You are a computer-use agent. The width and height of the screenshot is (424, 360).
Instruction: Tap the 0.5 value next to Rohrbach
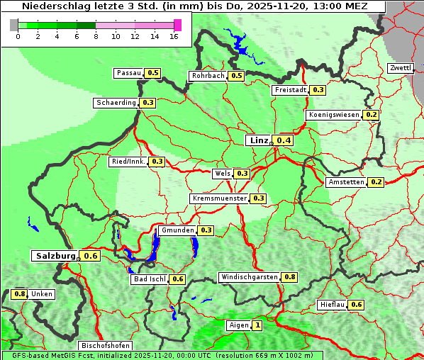(x=236, y=76)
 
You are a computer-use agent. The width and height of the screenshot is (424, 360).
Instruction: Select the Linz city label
(x=259, y=140)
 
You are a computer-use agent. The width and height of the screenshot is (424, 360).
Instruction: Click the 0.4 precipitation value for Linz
(x=284, y=140)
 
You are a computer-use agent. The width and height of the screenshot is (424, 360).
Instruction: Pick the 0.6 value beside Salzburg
(x=90, y=256)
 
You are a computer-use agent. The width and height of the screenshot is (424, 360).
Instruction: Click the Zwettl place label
(x=401, y=68)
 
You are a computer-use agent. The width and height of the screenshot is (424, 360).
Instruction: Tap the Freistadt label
(x=291, y=90)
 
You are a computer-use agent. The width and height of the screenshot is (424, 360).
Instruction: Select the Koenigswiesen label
(x=334, y=115)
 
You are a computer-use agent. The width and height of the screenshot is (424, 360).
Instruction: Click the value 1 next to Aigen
(x=257, y=326)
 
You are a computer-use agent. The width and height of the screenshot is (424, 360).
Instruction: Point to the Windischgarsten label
(x=250, y=277)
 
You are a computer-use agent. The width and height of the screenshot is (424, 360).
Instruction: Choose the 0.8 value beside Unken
(x=20, y=293)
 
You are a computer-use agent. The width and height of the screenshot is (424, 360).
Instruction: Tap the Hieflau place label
(x=333, y=305)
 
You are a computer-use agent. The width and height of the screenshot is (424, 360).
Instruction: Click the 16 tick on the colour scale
(x=174, y=36)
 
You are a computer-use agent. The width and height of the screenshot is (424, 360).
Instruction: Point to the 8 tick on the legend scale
(x=96, y=36)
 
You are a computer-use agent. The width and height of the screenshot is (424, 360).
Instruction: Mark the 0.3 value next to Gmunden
(x=206, y=230)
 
